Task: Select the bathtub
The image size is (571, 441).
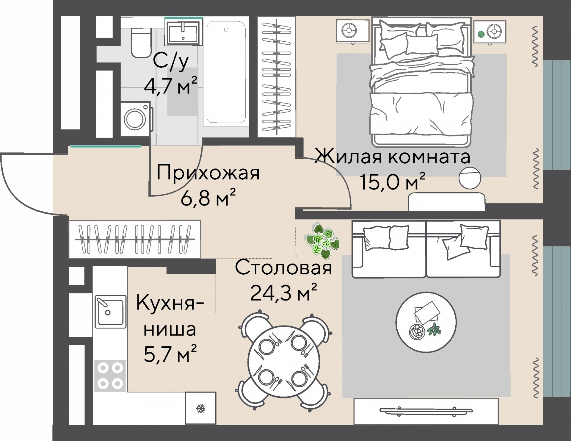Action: pos(226,71)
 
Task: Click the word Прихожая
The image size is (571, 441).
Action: pos(208,173)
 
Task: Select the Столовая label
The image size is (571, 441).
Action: pos(283,268)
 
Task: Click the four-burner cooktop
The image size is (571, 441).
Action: pos(110,376)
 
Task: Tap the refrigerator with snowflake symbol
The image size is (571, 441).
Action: pos(200,408)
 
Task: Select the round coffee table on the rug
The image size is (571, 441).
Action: pos(426,322)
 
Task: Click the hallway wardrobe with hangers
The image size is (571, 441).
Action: pos(135,239)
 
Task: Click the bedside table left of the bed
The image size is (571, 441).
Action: pos(352,31)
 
